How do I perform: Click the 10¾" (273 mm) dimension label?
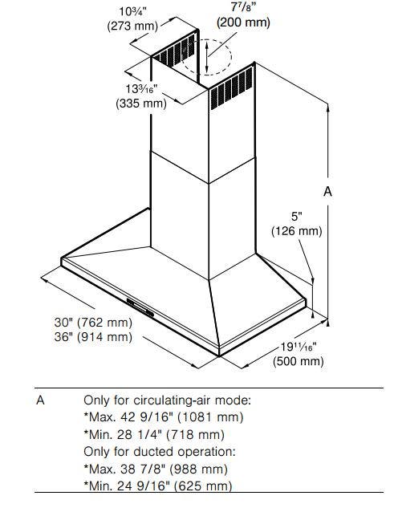click(x=132, y=18)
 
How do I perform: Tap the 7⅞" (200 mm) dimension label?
click(x=243, y=15)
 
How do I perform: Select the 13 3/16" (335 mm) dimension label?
click(x=141, y=96)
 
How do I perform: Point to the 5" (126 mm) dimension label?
click(x=297, y=224)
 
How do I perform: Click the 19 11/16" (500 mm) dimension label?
click(x=299, y=354)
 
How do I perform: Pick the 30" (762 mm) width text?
click(x=93, y=323)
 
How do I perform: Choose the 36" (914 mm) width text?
click(x=93, y=337)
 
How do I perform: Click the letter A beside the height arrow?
click(x=327, y=192)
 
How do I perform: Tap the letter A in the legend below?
click(x=40, y=400)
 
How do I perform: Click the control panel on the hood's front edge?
click(x=140, y=307)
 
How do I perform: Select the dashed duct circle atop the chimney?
click(x=206, y=57)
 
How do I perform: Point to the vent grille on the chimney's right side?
click(x=231, y=87)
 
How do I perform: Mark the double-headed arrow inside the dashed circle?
click(x=207, y=58)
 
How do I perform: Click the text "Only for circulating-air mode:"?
click(x=168, y=400)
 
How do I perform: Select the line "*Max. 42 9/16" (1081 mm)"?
click(x=164, y=417)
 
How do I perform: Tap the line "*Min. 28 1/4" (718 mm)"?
click(x=154, y=434)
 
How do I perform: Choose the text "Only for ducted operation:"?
click(x=160, y=452)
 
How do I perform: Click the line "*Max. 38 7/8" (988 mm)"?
click(x=156, y=469)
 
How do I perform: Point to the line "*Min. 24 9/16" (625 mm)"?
click(x=157, y=486)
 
